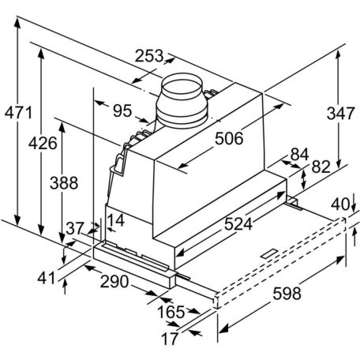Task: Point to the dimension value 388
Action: pos(64,182)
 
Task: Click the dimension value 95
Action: pos(122,111)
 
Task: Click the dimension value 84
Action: pos(299,153)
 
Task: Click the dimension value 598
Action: pos(281,294)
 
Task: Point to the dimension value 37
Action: pos(75,228)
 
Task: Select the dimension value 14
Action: pos(116,220)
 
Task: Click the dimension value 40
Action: pos(339,204)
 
